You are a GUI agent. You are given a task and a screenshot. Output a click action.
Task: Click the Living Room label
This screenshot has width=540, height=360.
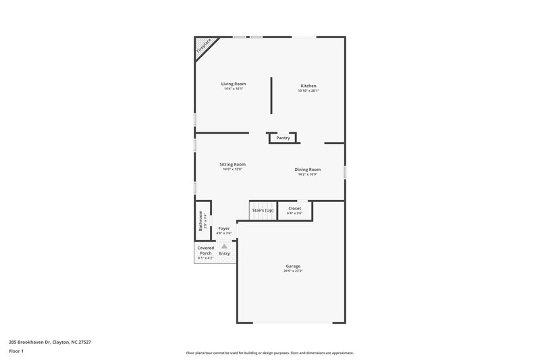234,84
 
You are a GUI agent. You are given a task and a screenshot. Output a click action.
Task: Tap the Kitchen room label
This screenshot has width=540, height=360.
308,86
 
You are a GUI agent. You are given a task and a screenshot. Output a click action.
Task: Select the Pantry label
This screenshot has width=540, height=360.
283,138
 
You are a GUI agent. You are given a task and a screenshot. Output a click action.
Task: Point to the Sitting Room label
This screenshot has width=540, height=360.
232,164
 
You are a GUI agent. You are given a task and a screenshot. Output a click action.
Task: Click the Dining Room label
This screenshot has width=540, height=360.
308,169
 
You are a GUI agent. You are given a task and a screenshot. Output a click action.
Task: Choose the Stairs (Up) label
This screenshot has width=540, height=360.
263,210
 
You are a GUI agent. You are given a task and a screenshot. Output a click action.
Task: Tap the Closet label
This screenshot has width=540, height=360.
295,209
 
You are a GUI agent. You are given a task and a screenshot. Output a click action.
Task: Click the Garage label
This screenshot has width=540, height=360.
293,266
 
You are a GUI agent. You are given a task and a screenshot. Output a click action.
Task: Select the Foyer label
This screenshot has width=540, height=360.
223,229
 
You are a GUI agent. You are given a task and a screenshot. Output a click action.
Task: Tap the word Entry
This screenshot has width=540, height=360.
224,253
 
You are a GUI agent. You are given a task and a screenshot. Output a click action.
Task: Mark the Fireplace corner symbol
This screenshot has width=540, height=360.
203,46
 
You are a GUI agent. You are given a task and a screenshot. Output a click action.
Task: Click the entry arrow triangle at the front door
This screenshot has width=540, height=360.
224,247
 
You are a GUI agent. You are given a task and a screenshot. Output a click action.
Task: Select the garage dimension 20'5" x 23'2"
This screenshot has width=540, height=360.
293,271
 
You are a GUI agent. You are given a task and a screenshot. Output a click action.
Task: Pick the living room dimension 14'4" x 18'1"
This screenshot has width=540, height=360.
234,88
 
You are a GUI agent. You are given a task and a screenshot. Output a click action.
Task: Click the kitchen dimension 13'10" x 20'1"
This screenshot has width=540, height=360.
308,91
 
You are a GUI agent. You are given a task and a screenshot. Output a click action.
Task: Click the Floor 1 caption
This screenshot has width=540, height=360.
16,351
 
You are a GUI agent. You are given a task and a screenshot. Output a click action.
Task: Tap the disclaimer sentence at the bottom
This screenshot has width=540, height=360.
269,353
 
